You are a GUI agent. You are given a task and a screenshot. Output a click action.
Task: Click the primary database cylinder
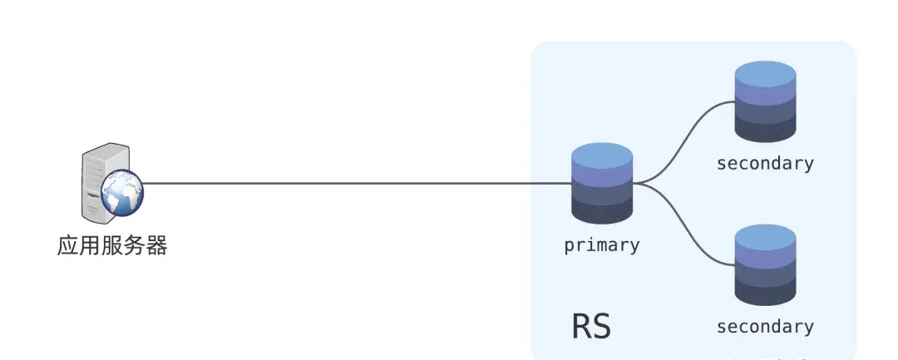(x=602, y=183)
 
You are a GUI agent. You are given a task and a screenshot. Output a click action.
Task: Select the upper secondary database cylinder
(x=766, y=101)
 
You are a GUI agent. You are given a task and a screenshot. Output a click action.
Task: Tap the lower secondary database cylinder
(x=766, y=265)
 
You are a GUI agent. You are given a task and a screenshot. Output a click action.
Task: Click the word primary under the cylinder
(x=602, y=245)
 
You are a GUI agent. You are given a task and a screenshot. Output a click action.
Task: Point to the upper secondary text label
(x=765, y=163)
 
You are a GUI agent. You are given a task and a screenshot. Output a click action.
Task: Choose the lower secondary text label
(x=765, y=327)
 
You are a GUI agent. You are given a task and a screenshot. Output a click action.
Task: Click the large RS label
(x=591, y=326)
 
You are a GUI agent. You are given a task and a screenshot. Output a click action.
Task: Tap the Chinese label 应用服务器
(x=112, y=245)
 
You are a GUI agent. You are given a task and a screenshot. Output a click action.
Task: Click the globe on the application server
(x=122, y=193)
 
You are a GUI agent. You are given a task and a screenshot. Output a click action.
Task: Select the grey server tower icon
(x=106, y=182)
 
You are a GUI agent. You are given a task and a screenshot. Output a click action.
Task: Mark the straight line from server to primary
(x=358, y=184)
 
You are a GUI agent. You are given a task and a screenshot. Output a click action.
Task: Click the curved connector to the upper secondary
(x=683, y=143)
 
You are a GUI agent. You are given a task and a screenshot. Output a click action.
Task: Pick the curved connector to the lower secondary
(x=683, y=224)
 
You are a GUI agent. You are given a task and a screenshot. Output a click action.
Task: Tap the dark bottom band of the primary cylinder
(x=602, y=211)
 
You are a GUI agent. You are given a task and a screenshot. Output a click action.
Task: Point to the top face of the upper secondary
(x=766, y=75)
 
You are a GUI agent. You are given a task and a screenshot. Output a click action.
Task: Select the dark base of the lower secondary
(x=766, y=293)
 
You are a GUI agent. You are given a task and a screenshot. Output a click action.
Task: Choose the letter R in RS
(x=582, y=326)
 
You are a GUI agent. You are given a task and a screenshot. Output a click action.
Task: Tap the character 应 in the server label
(x=68, y=245)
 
